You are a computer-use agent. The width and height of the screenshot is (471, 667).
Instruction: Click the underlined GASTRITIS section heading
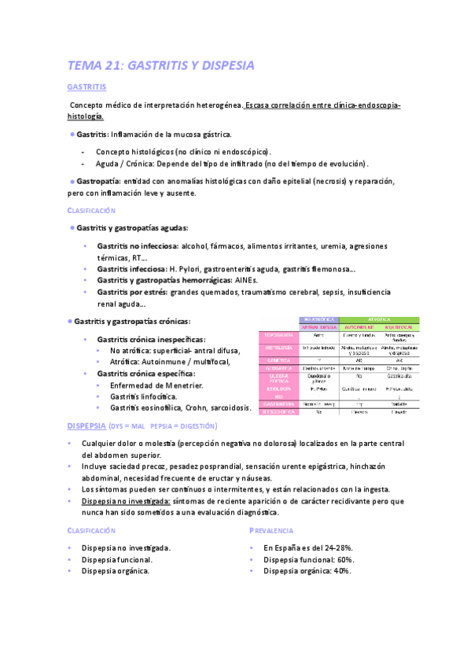[87, 87]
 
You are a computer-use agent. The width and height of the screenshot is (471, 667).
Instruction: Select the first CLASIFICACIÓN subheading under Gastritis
[91, 211]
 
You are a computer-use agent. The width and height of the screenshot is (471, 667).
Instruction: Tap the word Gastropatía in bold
[98, 181]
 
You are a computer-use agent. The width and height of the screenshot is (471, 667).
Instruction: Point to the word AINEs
[246, 280]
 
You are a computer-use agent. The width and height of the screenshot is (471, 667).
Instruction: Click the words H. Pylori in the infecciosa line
[186, 269]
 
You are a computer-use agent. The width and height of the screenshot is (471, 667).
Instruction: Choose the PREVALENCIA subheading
[271, 531]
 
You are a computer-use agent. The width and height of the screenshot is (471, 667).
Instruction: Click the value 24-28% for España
[337, 547]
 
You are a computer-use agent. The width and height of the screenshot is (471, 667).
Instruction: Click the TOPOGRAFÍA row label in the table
[279, 334]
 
